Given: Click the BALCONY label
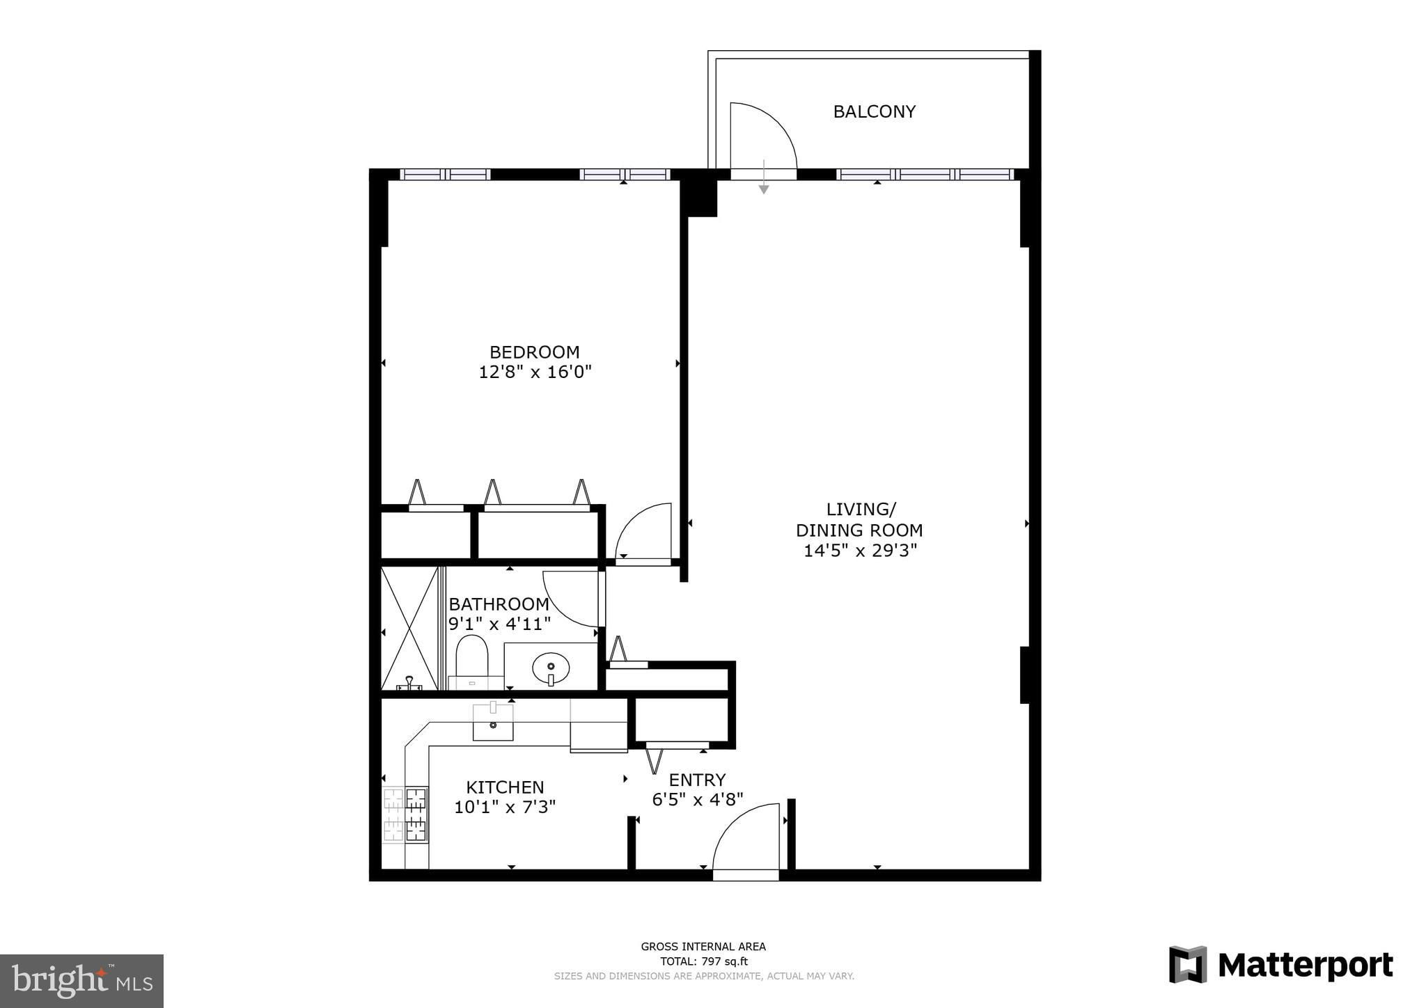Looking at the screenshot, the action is tap(874, 111).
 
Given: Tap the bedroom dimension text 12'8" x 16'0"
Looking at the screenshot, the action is tap(535, 372).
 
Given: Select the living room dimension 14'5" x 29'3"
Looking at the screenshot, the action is tap(860, 551).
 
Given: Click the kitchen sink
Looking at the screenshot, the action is tap(493, 722).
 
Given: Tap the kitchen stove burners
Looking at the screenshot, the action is tap(405, 814).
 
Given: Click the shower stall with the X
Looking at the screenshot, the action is tap(410, 628).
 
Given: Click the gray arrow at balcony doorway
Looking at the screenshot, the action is tap(764, 177).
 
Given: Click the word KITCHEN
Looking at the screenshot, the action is tap(505, 787).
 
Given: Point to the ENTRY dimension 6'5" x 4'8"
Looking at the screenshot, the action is tap(698, 799).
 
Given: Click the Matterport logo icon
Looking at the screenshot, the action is tap(1187, 965).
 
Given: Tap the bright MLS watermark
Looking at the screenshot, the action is tap(82, 981).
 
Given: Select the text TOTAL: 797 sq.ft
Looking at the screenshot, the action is tap(704, 961).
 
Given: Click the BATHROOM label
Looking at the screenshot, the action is tap(499, 604).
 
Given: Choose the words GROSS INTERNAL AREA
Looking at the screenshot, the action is tap(703, 947).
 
